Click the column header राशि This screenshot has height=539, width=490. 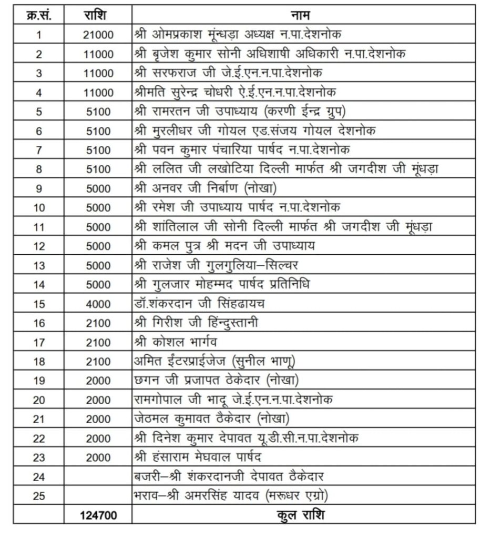[97, 15]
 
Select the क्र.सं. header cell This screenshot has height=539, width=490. [38, 15]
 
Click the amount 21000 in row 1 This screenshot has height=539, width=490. [97, 35]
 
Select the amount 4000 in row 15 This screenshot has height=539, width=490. [97, 304]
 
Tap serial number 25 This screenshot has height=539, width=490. [38, 496]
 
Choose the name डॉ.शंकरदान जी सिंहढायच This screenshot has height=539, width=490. [199, 304]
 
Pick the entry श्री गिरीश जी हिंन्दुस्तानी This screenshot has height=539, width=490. [196, 323]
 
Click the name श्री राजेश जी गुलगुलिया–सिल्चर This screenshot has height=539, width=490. [216, 265]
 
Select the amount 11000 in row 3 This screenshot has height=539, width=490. [97, 73]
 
